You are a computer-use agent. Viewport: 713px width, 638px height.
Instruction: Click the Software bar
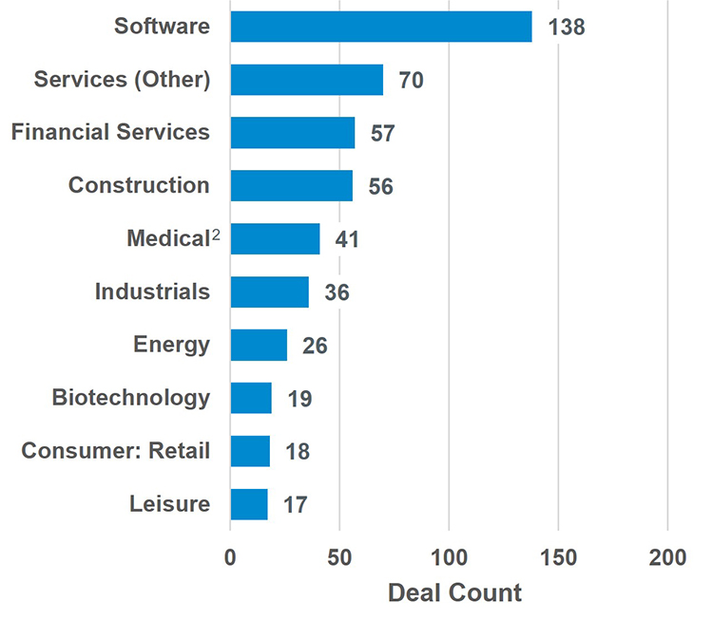point(380,27)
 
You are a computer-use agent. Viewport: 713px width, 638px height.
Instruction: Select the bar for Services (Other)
point(306,80)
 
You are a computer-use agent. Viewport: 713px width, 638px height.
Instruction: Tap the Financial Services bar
point(292,133)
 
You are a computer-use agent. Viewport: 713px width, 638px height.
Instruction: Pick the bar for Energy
point(259,345)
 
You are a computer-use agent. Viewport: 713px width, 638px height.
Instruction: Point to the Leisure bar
point(249,504)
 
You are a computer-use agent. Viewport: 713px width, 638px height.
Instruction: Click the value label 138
point(567,27)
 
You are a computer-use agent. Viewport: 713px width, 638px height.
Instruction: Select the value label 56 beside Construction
point(380,187)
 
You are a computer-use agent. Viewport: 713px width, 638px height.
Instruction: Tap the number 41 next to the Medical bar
point(347,239)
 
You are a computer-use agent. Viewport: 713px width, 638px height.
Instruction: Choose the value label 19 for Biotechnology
point(299,399)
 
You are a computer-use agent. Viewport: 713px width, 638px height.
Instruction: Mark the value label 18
point(298,452)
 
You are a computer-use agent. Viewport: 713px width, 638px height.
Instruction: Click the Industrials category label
point(152,291)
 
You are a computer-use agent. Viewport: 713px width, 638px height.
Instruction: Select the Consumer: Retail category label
point(115,450)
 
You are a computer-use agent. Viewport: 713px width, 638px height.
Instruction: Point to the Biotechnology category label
point(131,397)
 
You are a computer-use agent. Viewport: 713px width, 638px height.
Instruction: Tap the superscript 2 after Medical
point(216,235)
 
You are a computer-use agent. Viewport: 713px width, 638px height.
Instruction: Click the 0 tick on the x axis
point(230,558)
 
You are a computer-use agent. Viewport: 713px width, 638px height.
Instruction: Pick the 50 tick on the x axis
point(339,558)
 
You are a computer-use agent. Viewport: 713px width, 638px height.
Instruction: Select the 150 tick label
point(558,558)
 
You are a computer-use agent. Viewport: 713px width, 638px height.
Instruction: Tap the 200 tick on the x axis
point(667,558)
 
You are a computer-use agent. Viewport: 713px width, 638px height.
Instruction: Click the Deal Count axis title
point(454,594)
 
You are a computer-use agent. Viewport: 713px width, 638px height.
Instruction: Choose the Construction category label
point(139,185)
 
